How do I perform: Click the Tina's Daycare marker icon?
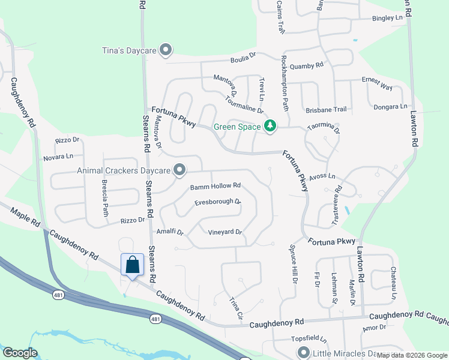point(166,50)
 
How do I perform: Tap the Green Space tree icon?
point(270,125)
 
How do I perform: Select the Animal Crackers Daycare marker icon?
point(179,170)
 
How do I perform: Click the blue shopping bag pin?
point(132,264)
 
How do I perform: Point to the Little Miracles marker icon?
point(303,353)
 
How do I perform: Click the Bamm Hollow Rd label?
point(215,186)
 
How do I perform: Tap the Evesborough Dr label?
point(217,202)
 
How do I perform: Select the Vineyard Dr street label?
point(224,232)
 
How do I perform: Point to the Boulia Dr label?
point(243,60)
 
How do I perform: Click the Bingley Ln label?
point(387,19)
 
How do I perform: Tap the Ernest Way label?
point(376,83)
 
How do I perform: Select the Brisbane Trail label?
point(326,109)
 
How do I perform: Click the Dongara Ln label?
point(391,107)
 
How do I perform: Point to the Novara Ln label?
point(58,157)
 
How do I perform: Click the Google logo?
point(20,352)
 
